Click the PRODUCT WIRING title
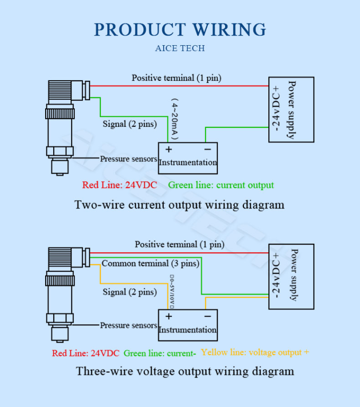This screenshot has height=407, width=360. pos(180,30)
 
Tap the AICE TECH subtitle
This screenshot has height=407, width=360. pos(180,49)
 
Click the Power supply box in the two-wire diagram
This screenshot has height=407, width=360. pos(291,110)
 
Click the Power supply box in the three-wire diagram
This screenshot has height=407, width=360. pos(291,276)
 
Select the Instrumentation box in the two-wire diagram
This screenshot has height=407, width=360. pos(188,158)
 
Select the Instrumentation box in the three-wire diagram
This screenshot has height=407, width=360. pos(188,325)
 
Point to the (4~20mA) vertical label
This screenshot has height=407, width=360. pos(175,120)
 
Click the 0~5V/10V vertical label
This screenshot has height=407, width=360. pos(171,291)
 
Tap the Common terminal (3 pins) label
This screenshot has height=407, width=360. pos(150,263)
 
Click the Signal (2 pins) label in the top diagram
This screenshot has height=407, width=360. pos(130,124)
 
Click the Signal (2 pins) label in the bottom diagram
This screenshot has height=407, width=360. pos(130,292)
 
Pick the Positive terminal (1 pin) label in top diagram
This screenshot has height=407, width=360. pos(176,78)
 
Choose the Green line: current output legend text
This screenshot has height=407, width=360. pos(221,185)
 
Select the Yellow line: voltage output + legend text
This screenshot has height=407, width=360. pos(255,352)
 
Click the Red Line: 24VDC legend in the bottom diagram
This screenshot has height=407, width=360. pos(85,353)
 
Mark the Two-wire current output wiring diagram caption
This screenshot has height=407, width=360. pos(180,205)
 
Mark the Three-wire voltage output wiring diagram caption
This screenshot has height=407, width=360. pos(185,371)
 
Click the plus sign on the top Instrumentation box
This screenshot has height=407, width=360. pos(168,149)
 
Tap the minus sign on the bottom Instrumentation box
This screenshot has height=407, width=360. pos(207,316)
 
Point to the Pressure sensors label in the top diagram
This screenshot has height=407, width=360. pos(128,159)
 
